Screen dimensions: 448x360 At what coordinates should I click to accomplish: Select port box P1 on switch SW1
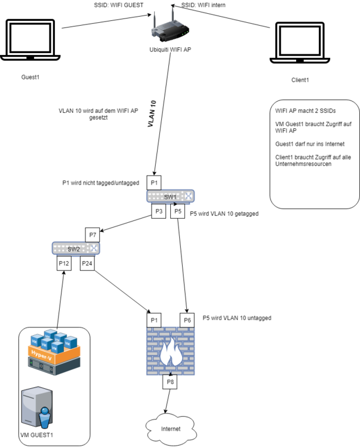tap(155, 182)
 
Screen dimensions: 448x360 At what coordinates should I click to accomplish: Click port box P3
tap(159, 211)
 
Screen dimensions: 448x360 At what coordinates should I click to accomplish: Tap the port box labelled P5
tap(178, 211)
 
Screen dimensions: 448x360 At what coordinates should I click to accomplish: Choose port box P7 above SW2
tap(93, 234)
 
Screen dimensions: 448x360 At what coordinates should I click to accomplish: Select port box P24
tap(87, 263)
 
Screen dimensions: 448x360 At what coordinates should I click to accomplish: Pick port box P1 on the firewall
tap(154, 320)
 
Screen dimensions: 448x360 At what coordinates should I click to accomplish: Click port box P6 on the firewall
tap(188, 320)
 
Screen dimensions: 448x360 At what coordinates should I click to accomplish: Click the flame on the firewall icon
tap(171, 353)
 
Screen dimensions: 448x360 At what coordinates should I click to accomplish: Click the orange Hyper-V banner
tap(56, 357)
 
